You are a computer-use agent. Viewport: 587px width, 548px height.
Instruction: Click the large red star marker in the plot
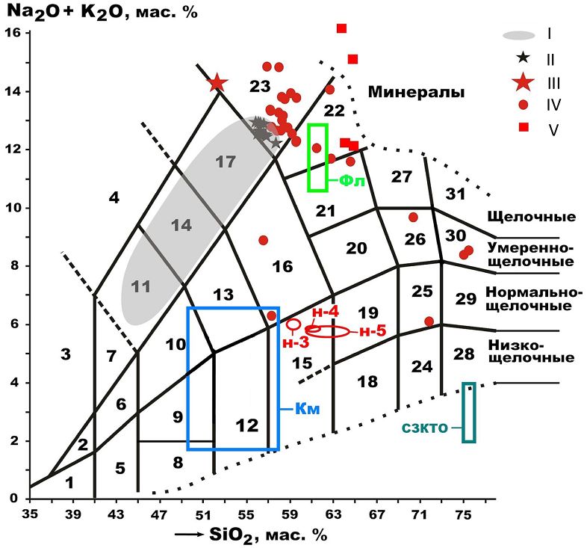click(217, 82)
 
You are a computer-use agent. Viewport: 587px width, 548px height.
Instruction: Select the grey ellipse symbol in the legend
click(519, 34)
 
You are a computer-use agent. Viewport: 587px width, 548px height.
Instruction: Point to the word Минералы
click(416, 92)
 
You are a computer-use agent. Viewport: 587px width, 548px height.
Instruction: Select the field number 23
click(259, 87)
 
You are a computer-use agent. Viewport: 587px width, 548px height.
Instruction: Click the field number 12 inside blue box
click(246, 425)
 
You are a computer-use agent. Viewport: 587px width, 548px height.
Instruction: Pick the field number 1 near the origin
click(69, 483)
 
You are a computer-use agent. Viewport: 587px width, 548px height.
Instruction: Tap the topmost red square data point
click(342, 28)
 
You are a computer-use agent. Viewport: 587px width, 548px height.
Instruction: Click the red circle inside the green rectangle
click(317, 148)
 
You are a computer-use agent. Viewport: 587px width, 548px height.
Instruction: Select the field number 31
click(456, 194)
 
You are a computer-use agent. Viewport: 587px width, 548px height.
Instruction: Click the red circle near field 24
click(429, 321)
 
